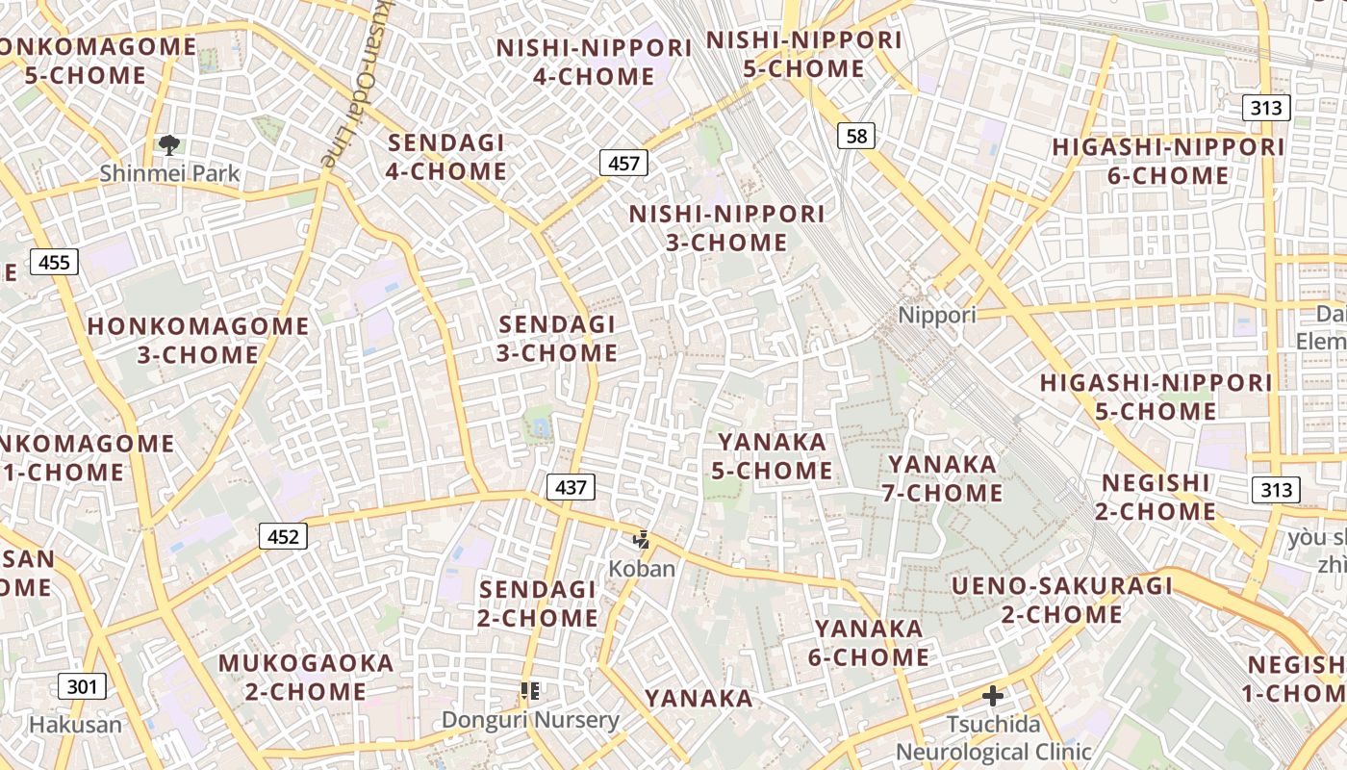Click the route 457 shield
[623, 163]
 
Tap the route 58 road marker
[856, 136]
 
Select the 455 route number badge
[54, 261]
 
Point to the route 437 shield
[571, 487]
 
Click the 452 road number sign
[283, 536]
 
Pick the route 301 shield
[83, 686]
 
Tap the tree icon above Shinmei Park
[169, 146]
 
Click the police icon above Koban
[642, 540]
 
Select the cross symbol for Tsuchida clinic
[993, 695]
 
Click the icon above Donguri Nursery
[529, 690]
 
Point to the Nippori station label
[936, 315]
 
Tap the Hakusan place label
[76, 725]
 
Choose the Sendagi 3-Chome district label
[557, 339]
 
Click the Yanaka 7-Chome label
[943, 478]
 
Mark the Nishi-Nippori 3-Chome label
[727, 228]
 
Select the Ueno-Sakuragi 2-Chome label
[1062, 600]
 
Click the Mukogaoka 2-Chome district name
[306, 677]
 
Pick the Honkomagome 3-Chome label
[198, 340]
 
